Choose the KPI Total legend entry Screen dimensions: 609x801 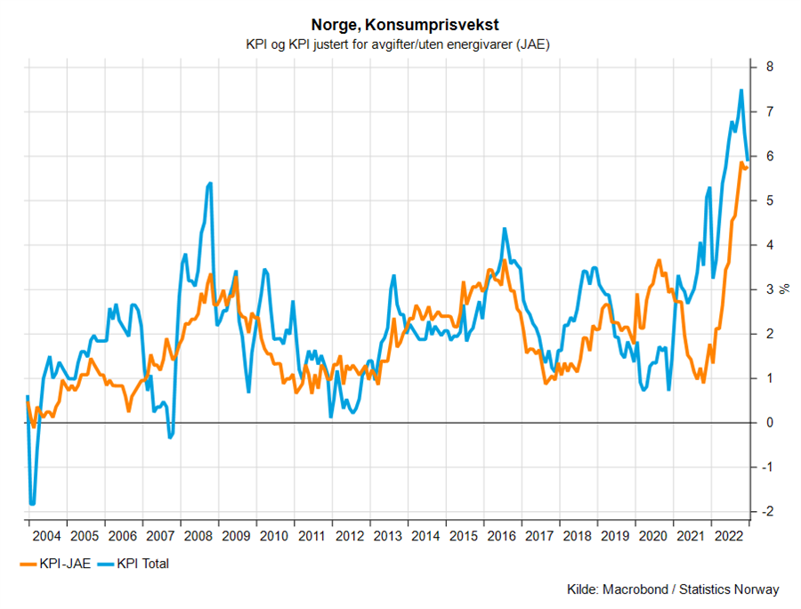click(x=133, y=564)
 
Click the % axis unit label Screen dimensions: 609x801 click(x=785, y=289)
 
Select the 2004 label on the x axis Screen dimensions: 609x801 click(x=46, y=536)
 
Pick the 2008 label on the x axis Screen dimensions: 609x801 click(x=198, y=536)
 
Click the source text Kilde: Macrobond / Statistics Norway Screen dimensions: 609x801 click(x=672, y=589)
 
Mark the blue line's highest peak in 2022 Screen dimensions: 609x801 click(x=741, y=90)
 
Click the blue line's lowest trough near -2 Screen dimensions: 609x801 click(x=32, y=504)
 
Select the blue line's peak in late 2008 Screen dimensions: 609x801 click(x=210, y=183)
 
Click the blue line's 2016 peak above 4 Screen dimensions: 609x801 click(x=505, y=229)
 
